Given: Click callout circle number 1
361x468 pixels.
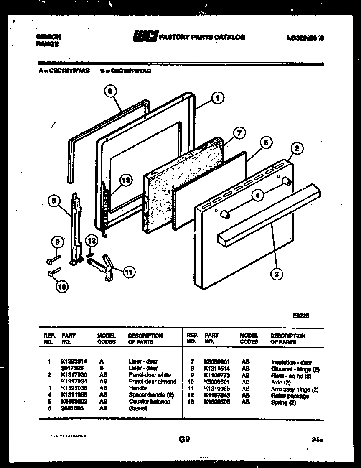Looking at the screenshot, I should coord(217,98).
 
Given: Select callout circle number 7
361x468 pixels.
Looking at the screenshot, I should coord(238,134).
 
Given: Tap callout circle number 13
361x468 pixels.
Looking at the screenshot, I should coord(125,181).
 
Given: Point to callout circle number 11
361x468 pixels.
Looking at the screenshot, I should coord(130,272).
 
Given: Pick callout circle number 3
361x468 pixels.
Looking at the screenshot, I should coord(276,274).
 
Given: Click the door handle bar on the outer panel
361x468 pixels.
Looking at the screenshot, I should coord(267,215).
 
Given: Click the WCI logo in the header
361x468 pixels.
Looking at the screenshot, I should coord(145,37).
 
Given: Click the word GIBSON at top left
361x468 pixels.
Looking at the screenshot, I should coord(46,37).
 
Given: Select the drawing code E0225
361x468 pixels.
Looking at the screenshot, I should coord(300,316).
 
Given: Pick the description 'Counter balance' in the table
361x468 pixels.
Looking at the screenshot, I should coord(149,402).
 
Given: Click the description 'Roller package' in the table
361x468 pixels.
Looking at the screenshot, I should coord(290,396).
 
